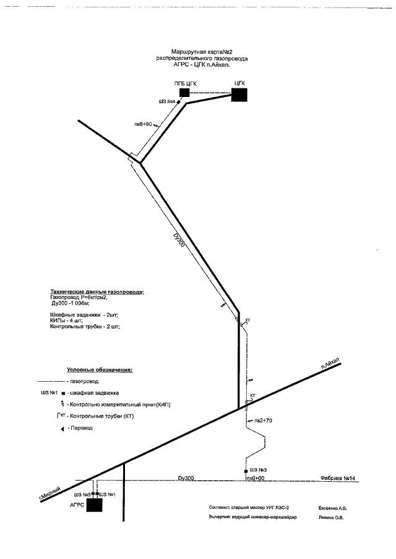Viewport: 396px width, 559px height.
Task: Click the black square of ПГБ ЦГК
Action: (x=184, y=93)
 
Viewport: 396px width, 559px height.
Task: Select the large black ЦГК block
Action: (x=239, y=94)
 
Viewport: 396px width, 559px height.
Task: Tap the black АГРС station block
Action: (x=94, y=505)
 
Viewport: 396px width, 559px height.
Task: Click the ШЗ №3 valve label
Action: (x=259, y=470)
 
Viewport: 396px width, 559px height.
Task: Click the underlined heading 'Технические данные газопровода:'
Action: (x=97, y=291)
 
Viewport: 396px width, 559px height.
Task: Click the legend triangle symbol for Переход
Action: (x=61, y=428)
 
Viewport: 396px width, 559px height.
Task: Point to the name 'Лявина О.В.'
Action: (x=331, y=518)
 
